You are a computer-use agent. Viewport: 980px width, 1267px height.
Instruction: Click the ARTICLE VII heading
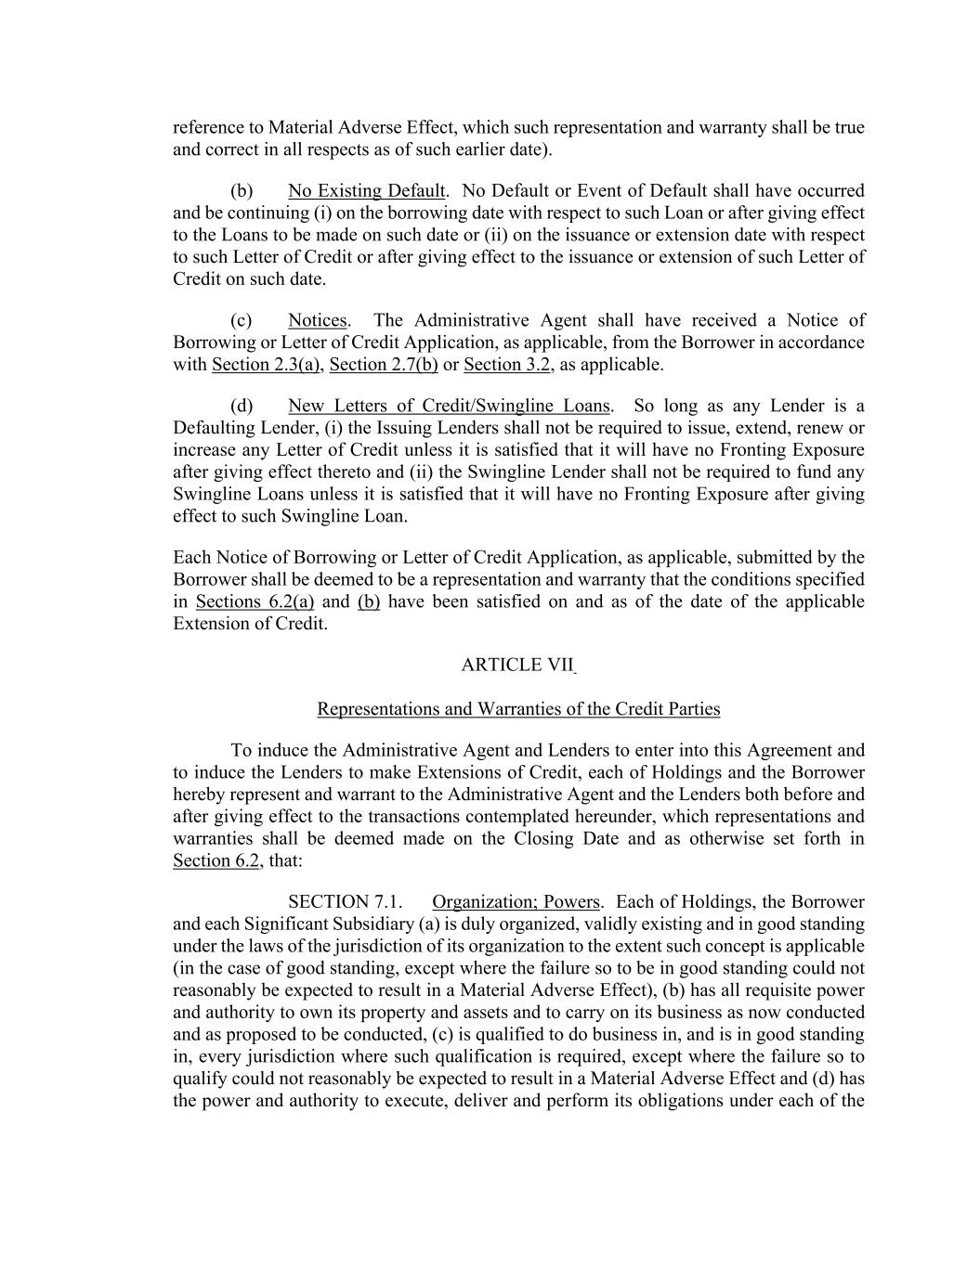(517, 665)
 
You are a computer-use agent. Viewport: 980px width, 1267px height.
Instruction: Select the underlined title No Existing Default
(366, 191)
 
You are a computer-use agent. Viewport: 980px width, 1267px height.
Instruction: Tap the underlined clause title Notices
(317, 321)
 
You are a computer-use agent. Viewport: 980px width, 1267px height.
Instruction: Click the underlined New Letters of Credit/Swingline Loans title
(449, 407)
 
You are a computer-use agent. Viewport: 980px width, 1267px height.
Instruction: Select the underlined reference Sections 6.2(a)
(255, 601)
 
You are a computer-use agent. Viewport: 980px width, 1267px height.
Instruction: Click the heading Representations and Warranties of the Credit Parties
(518, 709)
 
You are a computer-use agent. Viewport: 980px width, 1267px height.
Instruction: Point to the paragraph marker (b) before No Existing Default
(242, 191)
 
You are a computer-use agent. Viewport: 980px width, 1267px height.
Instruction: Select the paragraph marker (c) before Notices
(242, 321)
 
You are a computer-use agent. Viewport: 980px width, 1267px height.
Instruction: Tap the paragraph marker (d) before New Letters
(242, 407)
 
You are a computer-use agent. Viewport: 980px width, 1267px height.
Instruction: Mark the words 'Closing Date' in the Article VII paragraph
(666, 839)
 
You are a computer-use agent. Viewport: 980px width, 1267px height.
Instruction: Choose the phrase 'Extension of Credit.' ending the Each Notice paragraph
(250, 624)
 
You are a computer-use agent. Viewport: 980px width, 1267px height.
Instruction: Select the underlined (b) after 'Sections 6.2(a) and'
(369, 601)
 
